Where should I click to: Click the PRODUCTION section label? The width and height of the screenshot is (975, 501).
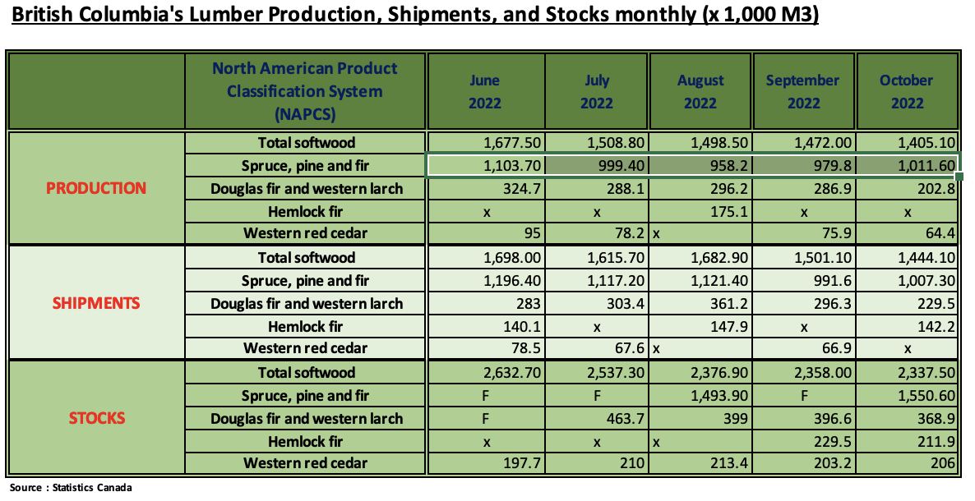click(96, 188)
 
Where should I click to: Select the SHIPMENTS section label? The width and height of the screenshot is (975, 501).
click(96, 303)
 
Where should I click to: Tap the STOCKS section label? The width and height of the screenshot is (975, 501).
click(96, 418)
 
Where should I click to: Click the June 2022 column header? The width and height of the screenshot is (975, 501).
click(485, 91)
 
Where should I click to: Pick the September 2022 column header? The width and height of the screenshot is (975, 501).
click(802, 91)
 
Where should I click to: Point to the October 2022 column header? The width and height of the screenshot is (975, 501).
click(907, 91)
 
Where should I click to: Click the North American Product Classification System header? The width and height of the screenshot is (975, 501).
click(305, 91)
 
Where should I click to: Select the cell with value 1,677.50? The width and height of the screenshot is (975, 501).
click(514, 142)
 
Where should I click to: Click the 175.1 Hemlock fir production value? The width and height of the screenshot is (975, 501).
click(727, 211)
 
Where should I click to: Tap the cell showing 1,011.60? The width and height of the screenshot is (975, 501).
click(928, 165)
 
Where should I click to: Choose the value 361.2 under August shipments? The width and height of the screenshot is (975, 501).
click(727, 303)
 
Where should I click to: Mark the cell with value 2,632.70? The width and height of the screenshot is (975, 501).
click(514, 372)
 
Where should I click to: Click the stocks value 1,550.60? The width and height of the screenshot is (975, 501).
click(928, 395)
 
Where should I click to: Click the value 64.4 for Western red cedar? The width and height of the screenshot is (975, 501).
click(940, 234)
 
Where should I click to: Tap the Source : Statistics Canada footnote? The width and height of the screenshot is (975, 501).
click(71, 488)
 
